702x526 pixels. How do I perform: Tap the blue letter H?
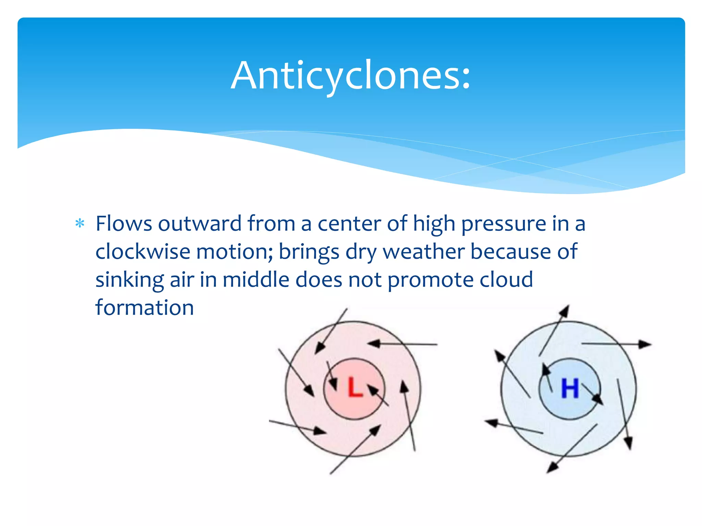[x=570, y=388]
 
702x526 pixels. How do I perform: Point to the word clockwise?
[x=143, y=251]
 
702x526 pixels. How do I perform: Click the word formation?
[x=145, y=307]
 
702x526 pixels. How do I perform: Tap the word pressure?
[x=503, y=224]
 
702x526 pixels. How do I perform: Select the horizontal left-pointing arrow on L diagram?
[x=403, y=343]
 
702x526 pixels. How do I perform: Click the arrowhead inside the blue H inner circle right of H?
[x=598, y=399]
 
